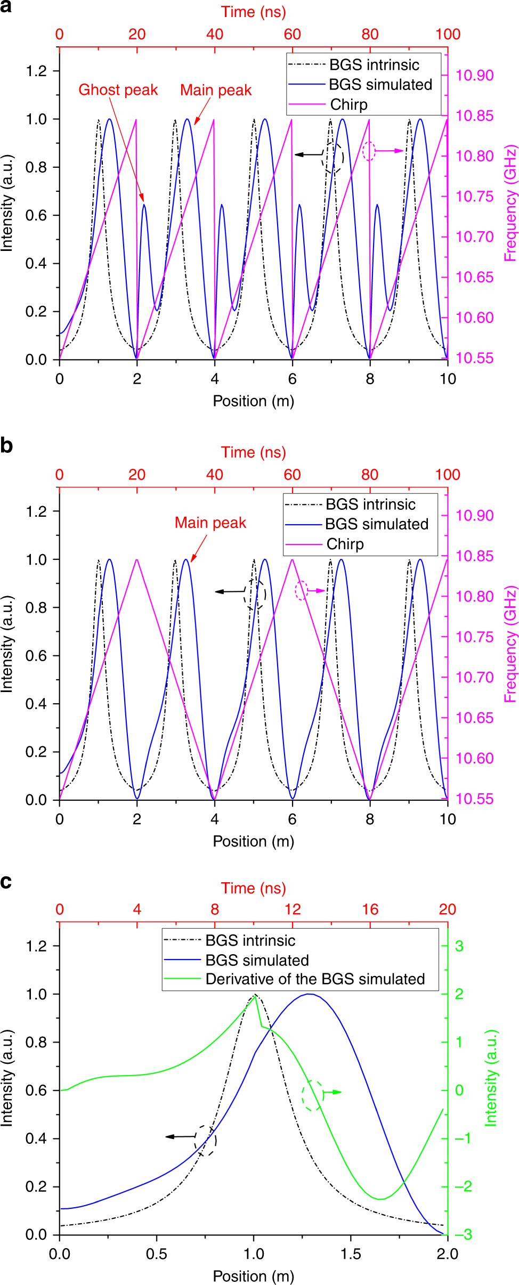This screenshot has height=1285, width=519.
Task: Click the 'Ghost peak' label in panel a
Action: pyautogui.click(x=118, y=90)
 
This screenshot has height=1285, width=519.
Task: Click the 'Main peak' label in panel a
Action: pyautogui.click(x=215, y=90)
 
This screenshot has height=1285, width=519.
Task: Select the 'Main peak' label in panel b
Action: pyautogui.click(x=210, y=523)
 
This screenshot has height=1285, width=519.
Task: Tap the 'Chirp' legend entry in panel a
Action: pyautogui.click(x=348, y=104)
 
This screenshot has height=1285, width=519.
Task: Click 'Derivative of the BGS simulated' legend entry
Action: pyautogui.click(x=314, y=979)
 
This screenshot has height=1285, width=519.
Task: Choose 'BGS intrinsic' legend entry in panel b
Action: pyautogui.click(x=370, y=504)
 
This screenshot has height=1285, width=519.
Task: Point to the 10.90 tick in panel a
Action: pyautogui.click(x=475, y=75)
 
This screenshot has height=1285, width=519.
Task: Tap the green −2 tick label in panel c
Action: pyautogui.click(x=459, y=1186)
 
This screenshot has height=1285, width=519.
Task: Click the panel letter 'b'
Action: pyautogui.click(x=6, y=445)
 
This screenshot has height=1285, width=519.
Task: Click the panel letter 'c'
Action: pyautogui.click(x=6, y=882)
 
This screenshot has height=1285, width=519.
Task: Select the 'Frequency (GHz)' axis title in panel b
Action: pyautogui.click(x=510, y=644)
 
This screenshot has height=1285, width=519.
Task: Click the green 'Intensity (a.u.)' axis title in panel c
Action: pyautogui.click(x=491, y=1078)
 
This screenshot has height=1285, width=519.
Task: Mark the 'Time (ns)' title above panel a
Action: pyautogui.click(x=254, y=12)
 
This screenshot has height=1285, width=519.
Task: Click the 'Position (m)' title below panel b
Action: pyautogui.click(x=254, y=841)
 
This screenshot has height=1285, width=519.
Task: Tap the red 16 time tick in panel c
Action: pyautogui.click(x=370, y=909)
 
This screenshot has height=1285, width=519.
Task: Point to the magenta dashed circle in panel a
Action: pyautogui.click(x=369, y=151)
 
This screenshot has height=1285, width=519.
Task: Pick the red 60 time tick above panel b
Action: pyautogui.click(x=292, y=475)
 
